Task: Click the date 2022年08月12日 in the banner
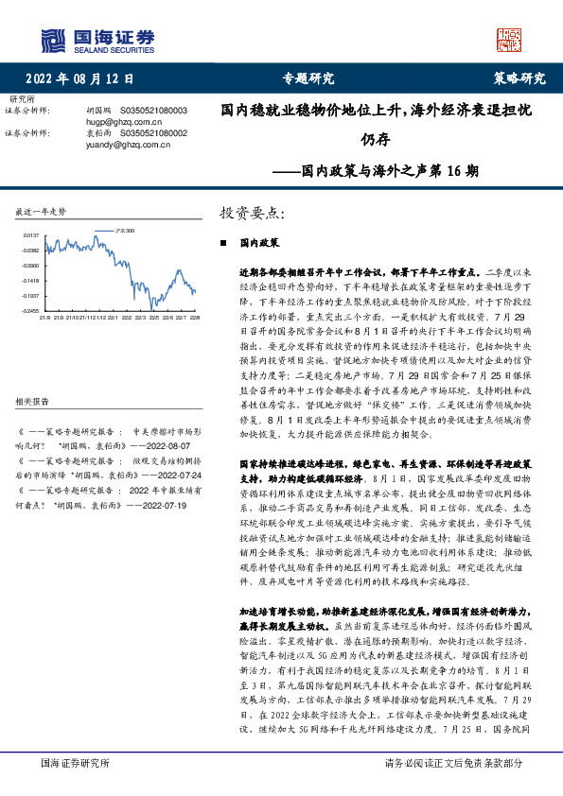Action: pos(79,78)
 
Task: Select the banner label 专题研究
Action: pos(308,78)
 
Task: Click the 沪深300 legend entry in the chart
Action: pos(123,230)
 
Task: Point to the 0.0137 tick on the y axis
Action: pos(30,234)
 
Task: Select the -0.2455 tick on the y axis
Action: pos(30,310)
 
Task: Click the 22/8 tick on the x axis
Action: pos(195,318)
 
